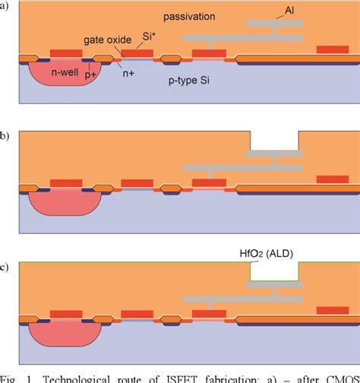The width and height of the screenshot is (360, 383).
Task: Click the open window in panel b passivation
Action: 274,141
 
